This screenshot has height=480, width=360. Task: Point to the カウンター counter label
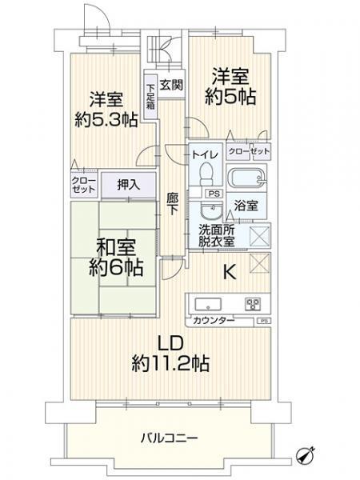pyautogui.click(x=213, y=320)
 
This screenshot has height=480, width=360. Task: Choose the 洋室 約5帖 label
pyautogui.click(x=233, y=86)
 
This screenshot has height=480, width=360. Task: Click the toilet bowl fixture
pyautogui.click(x=206, y=171)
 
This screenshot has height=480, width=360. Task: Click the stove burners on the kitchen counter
pyautogui.click(x=254, y=304)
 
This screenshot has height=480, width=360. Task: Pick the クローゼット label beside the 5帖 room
pyautogui.click(x=248, y=150)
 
